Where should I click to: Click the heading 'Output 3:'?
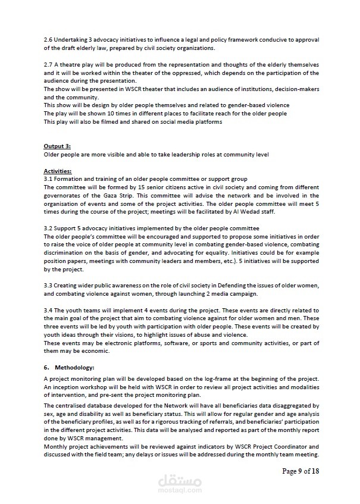(x=57, y=146)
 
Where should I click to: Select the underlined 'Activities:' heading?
(x=58, y=171)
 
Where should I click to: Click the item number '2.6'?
(x=48, y=40)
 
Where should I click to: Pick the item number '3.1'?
(x=48, y=179)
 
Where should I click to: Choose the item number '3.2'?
(x=48, y=228)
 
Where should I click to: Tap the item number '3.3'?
(x=48, y=286)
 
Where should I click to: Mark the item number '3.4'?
(x=48, y=310)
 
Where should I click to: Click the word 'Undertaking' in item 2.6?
(x=70, y=40)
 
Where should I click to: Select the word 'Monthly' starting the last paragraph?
(x=56, y=446)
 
